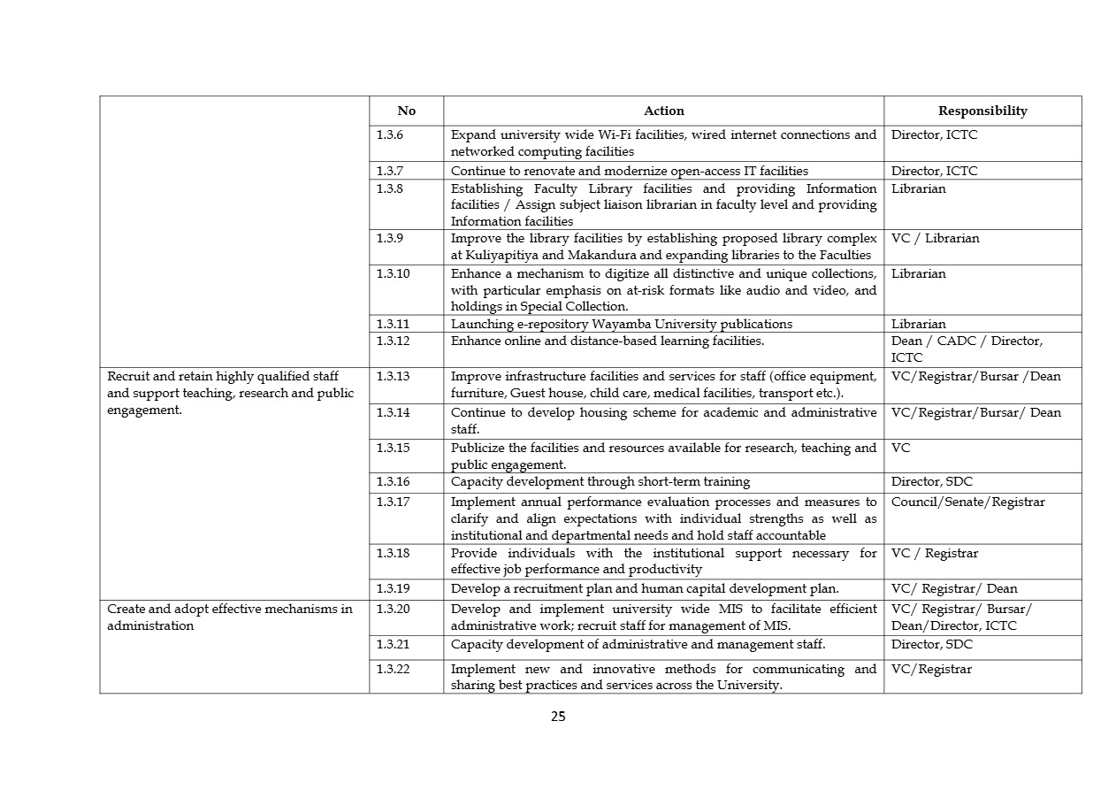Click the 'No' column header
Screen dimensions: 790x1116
coord(406,111)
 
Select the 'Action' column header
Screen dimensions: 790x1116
coord(663,111)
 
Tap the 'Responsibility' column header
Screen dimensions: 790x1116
coord(982,111)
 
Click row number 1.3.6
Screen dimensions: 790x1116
coord(390,135)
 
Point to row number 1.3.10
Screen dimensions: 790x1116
coord(393,273)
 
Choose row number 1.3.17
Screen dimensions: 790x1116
coord(393,502)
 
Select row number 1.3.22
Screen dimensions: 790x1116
coord(393,669)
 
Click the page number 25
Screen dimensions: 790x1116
coord(558,717)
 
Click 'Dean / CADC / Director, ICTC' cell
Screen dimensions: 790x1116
coord(967,349)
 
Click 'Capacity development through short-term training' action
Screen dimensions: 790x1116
coord(600,482)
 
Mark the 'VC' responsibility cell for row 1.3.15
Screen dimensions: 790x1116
coord(900,448)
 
